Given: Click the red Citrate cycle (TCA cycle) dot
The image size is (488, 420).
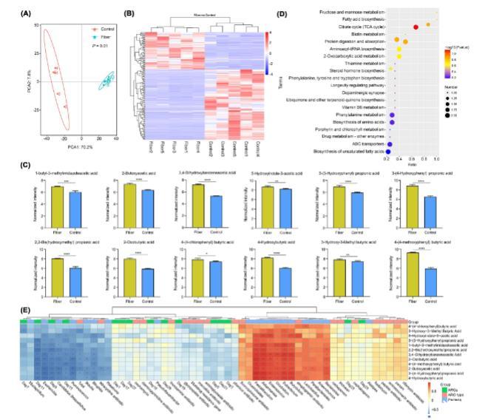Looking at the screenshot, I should coord(416,27).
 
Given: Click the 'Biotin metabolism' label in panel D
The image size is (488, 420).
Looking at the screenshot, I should coord(365,34).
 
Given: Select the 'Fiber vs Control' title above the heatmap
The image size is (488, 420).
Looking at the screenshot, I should coord(210,15).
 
